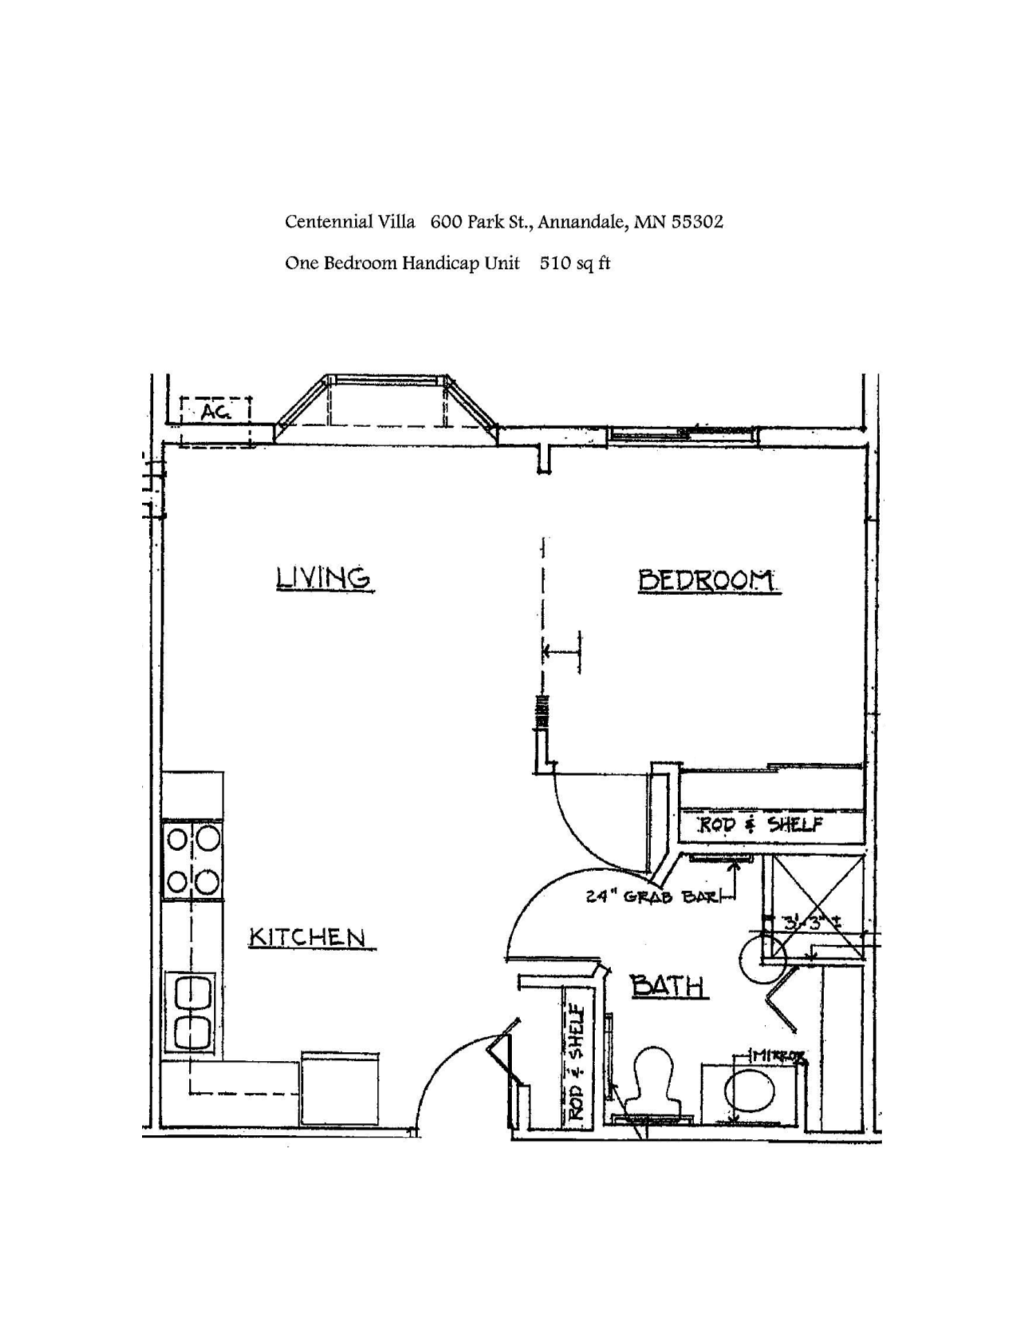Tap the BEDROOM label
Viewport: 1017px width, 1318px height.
point(708,580)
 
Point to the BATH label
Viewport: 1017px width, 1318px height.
point(668,986)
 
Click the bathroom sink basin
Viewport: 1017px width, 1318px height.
point(750,1093)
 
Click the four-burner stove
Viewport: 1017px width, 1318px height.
point(192,861)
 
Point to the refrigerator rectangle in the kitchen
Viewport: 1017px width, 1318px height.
point(340,1090)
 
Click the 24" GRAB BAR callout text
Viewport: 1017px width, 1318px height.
point(652,896)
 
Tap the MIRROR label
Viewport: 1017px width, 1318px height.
point(779,1056)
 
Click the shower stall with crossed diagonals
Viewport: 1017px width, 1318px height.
point(814,894)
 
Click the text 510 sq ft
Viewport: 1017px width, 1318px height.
point(574,263)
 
